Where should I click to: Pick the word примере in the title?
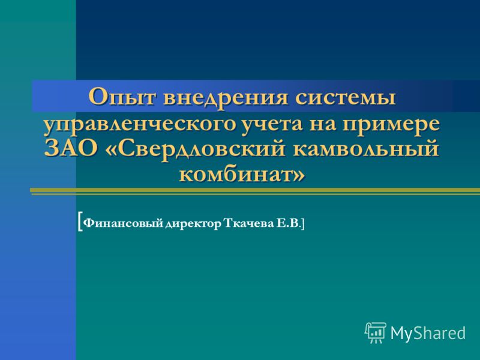(x=391, y=126)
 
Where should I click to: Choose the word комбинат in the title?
(x=235, y=175)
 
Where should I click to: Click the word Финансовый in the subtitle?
(x=123, y=224)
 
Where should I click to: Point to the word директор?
(x=193, y=224)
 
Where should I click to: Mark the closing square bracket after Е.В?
(x=303, y=224)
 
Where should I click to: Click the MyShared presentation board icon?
(x=376, y=332)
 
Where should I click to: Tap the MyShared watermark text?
(x=428, y=333)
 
